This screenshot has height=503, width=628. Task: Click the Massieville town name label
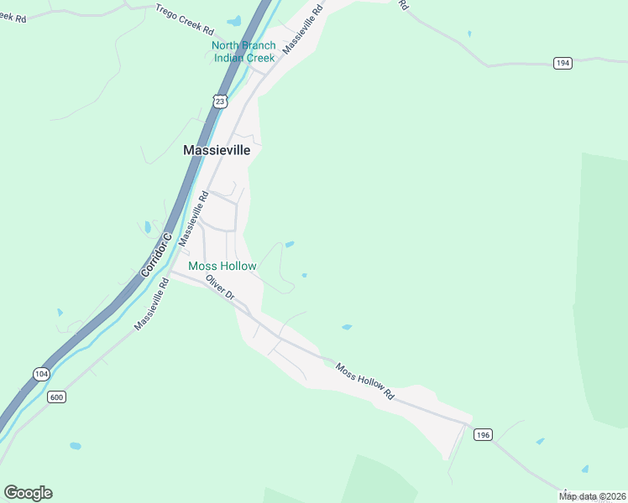(x=217, y=150)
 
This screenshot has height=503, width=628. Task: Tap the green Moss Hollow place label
(x=222, y=266)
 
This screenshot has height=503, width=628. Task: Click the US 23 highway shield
(x=220, y=101)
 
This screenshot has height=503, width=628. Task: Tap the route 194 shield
(x=563, y=63)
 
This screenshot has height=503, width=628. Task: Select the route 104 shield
(x=41, y=373)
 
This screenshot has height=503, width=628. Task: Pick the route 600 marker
(x=57, y=397)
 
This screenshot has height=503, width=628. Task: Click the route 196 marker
(x=482, y=434)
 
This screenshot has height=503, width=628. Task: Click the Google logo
(x=28, y=492)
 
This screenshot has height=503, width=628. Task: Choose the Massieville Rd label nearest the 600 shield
(x=152, y=303)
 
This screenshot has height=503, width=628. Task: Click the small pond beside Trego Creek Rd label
(x=234, y=20)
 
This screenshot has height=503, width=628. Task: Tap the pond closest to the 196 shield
(x=540, y=441)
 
